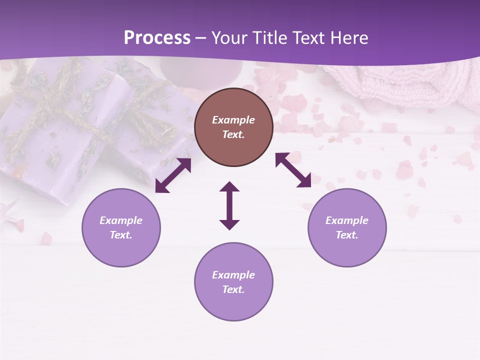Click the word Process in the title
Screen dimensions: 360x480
(x=157, y=38)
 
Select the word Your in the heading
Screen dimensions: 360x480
(x=229, y=38)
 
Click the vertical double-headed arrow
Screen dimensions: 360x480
(x=229, y=205)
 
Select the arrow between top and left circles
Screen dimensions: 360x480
(x=173, y=175)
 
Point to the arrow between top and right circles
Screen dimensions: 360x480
(x=293, y=170)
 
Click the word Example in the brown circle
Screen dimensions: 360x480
(x=233, y=120)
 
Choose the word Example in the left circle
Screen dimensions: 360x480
(x=121, y=220)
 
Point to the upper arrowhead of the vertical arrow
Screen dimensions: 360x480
(x=229, y=187)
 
